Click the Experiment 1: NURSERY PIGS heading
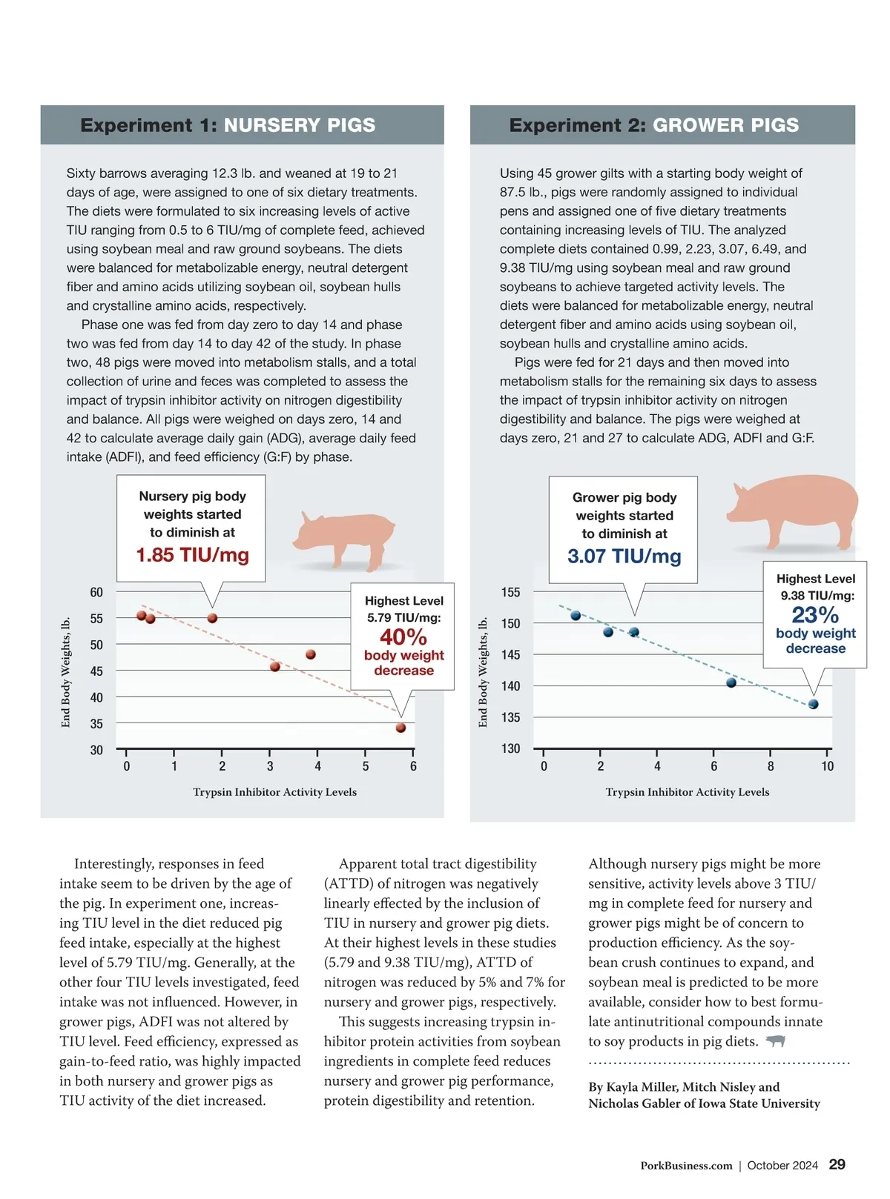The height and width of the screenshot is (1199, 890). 228,125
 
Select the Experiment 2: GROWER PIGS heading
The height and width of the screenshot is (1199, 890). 653,125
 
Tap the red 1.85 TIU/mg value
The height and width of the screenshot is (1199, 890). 192,555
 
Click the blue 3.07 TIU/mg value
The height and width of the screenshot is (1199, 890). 624,557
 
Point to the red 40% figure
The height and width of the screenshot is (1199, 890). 403,637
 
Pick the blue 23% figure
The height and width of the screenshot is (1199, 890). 815,615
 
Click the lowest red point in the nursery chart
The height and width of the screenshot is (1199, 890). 400,728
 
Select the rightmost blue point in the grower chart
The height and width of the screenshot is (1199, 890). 813,704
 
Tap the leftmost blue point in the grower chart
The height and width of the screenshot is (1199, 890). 576,616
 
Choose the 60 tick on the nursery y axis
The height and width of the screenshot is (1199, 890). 96,592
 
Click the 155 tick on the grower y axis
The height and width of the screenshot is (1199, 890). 510,592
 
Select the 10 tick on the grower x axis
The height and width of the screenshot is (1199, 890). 827,766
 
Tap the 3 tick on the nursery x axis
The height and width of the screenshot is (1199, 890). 270,766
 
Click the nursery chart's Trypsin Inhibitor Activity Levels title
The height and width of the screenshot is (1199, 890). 274,792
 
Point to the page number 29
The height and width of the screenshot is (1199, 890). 837,1165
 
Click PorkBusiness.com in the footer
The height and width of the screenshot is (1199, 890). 686,1166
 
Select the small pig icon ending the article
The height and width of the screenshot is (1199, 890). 775,1041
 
